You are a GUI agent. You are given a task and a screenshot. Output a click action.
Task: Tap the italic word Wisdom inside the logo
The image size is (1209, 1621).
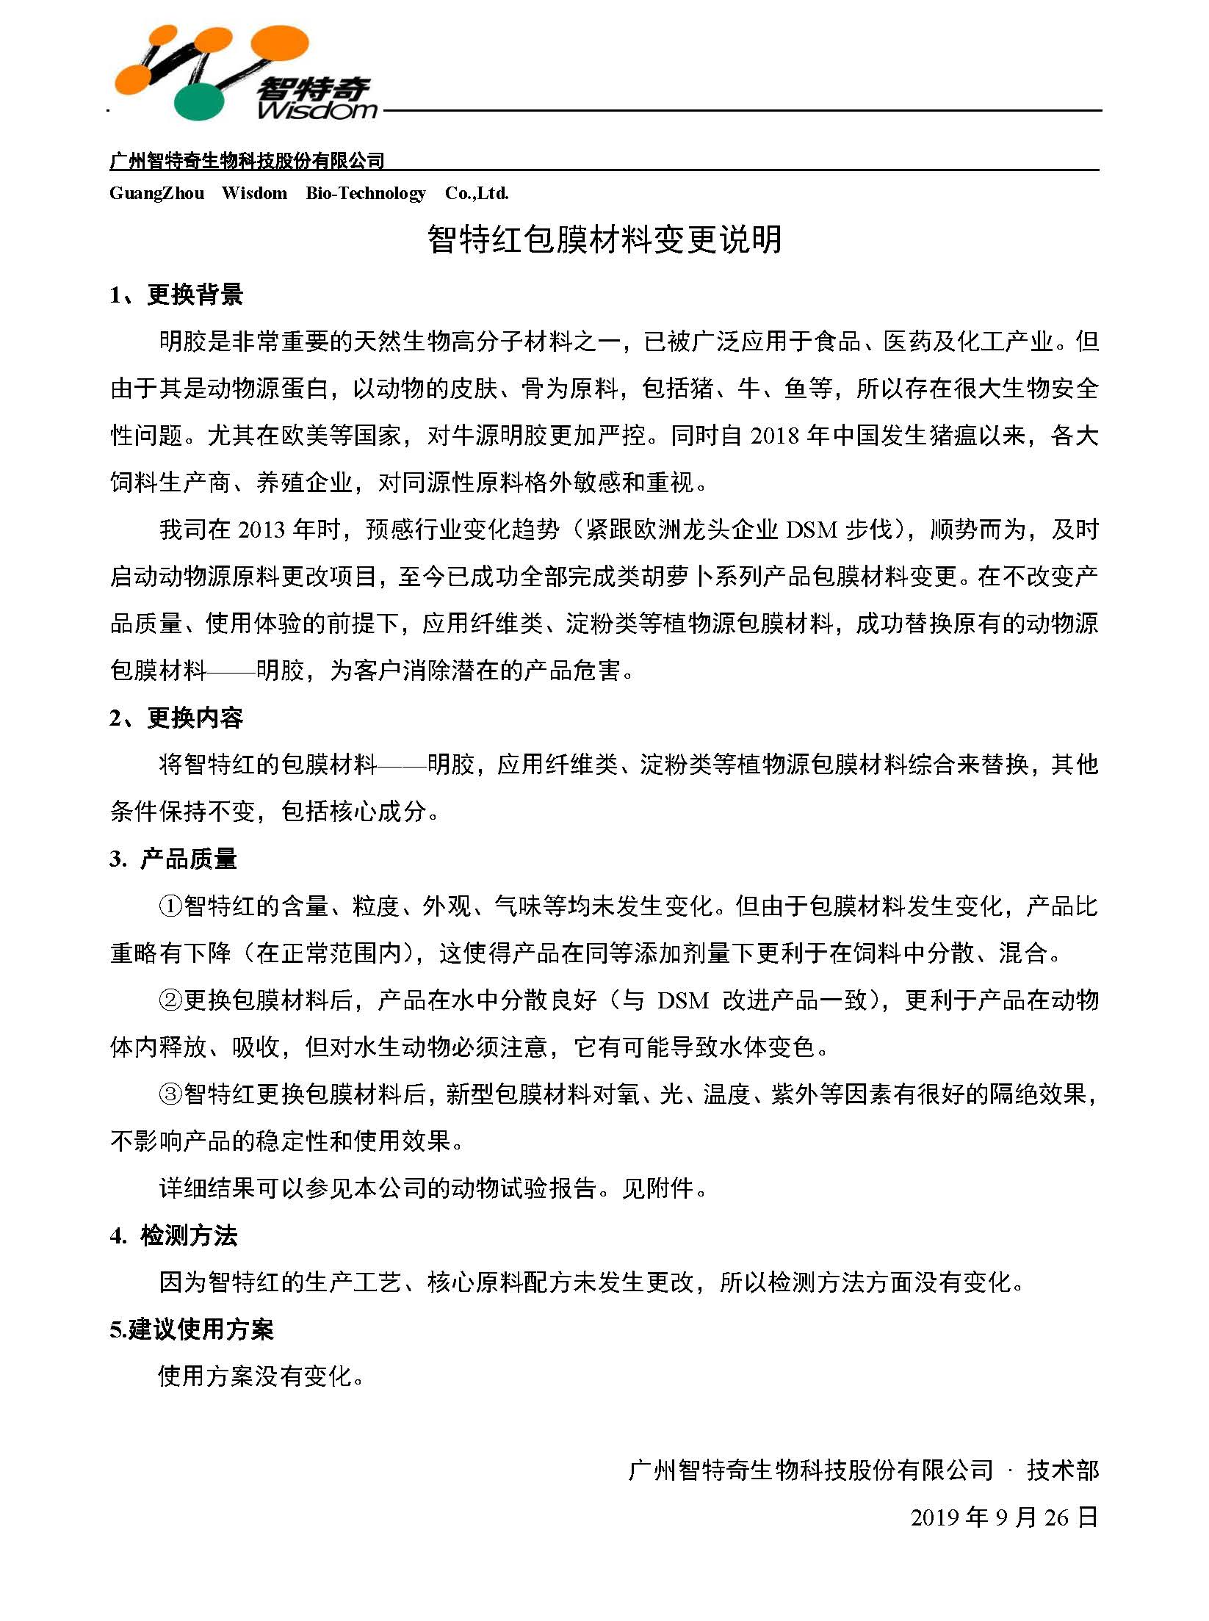317,110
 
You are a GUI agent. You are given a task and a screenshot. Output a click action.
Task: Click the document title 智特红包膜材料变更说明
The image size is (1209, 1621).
604,239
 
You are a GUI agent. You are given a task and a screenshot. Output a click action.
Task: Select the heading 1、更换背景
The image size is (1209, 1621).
176,295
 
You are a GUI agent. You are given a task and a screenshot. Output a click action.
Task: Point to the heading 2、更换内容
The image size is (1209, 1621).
176,718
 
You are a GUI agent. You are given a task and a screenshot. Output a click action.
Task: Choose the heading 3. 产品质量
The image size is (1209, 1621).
173,859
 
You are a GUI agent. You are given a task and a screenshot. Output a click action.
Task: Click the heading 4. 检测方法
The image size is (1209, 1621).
173,1236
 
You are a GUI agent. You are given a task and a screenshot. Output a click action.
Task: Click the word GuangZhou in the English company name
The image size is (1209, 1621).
156,193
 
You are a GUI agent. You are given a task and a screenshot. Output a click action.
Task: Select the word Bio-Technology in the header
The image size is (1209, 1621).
365,193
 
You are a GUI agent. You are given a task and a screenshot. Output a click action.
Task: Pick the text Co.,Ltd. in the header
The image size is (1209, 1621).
477,193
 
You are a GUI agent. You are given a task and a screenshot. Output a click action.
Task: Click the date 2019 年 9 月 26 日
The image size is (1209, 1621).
1004,1517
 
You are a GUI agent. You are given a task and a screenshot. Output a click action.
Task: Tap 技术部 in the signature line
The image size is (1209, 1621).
1062,1470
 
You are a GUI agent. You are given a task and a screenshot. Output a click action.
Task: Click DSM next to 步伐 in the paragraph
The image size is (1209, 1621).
811,530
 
